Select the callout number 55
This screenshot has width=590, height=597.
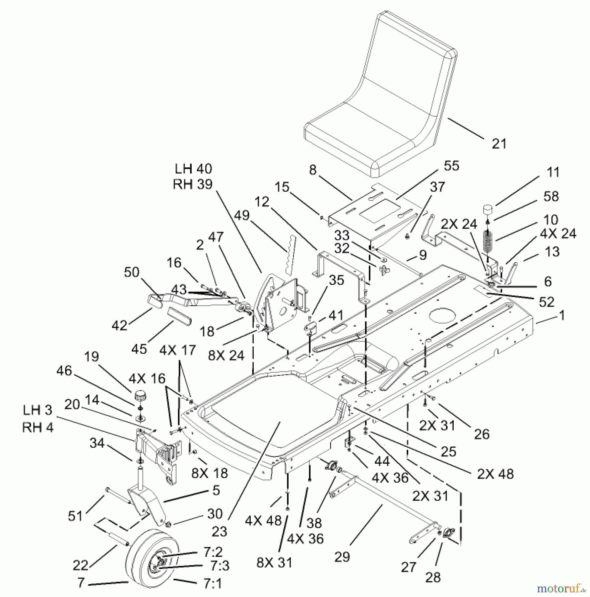point(451,166)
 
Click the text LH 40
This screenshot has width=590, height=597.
point(193,169)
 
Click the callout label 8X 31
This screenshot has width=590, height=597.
point(274,563)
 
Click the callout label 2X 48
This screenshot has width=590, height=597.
point(495,474)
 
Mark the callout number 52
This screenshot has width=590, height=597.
point(547,302)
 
